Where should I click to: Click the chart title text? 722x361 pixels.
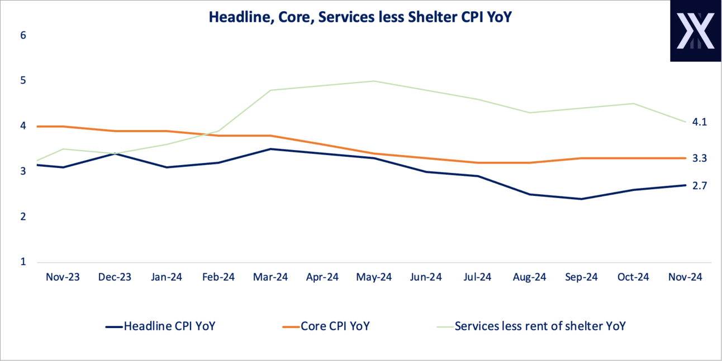360,17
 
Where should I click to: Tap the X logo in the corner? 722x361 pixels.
696,31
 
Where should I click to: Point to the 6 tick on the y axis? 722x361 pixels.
23,35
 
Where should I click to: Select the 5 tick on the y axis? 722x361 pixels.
23,80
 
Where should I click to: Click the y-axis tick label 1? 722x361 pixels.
23,262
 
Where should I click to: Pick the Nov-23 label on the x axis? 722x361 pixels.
63,277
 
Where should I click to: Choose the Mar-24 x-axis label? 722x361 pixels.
270,277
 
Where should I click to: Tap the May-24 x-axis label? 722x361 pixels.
374,277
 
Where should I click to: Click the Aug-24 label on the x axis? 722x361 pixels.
530,277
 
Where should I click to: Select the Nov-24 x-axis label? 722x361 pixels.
686,277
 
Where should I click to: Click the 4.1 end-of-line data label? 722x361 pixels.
700,122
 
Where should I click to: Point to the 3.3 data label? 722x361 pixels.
700,158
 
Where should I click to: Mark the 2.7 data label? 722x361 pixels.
700,186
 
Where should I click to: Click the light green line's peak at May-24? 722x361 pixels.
374,81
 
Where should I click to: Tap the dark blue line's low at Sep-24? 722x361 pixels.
582,199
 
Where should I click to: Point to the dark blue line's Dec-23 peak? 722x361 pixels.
115,153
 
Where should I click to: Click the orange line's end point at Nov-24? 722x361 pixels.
686,158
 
